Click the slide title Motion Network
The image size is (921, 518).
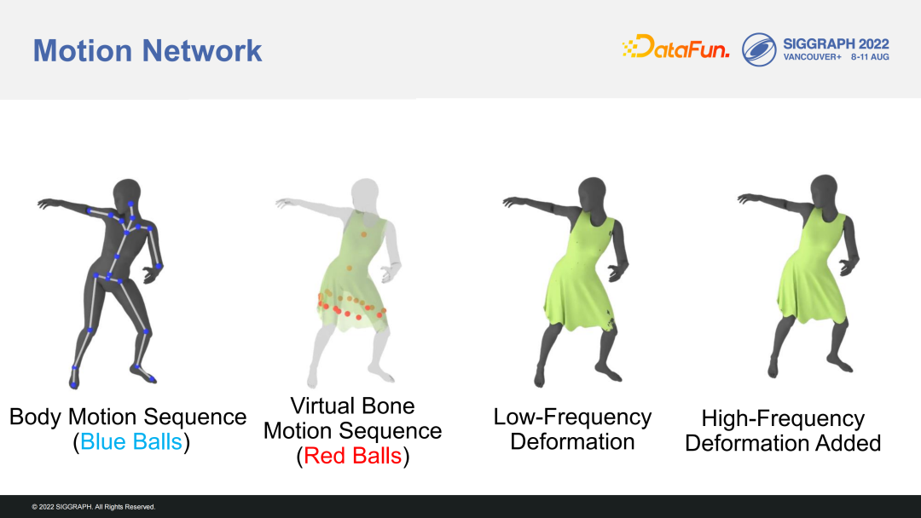pos(148,50)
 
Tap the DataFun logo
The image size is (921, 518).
pos(675,47)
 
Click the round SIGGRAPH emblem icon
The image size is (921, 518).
pos(759,49)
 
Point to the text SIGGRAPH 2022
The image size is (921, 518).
pos(836,44)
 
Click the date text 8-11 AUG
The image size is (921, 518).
pos(870,57)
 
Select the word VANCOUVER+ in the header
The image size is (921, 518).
pos(813,57)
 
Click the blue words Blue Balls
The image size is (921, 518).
pos(131,441)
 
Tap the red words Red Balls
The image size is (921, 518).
pos(352,456)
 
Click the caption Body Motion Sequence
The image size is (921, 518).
pos(128,417)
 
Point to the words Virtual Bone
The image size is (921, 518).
pos(352,406)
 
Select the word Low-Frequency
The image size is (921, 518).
pos(572,417)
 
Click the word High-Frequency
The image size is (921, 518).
pos(783,419)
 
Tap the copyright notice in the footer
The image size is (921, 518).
pos(94,507)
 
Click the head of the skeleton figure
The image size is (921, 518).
pos(127,193)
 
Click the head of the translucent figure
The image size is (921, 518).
pos(365,193)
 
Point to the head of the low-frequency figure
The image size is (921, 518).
pos(592,192)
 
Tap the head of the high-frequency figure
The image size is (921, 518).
pos(824,189)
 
